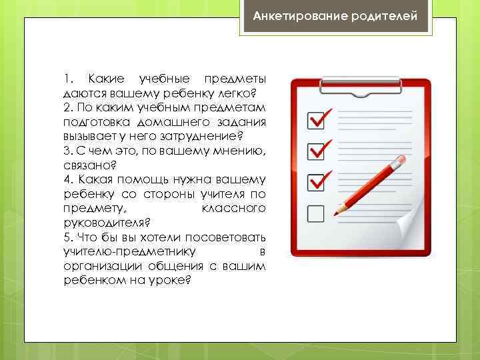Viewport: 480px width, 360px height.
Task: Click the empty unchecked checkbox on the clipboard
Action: (315, 213)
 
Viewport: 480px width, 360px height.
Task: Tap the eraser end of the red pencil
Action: (401, 161)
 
